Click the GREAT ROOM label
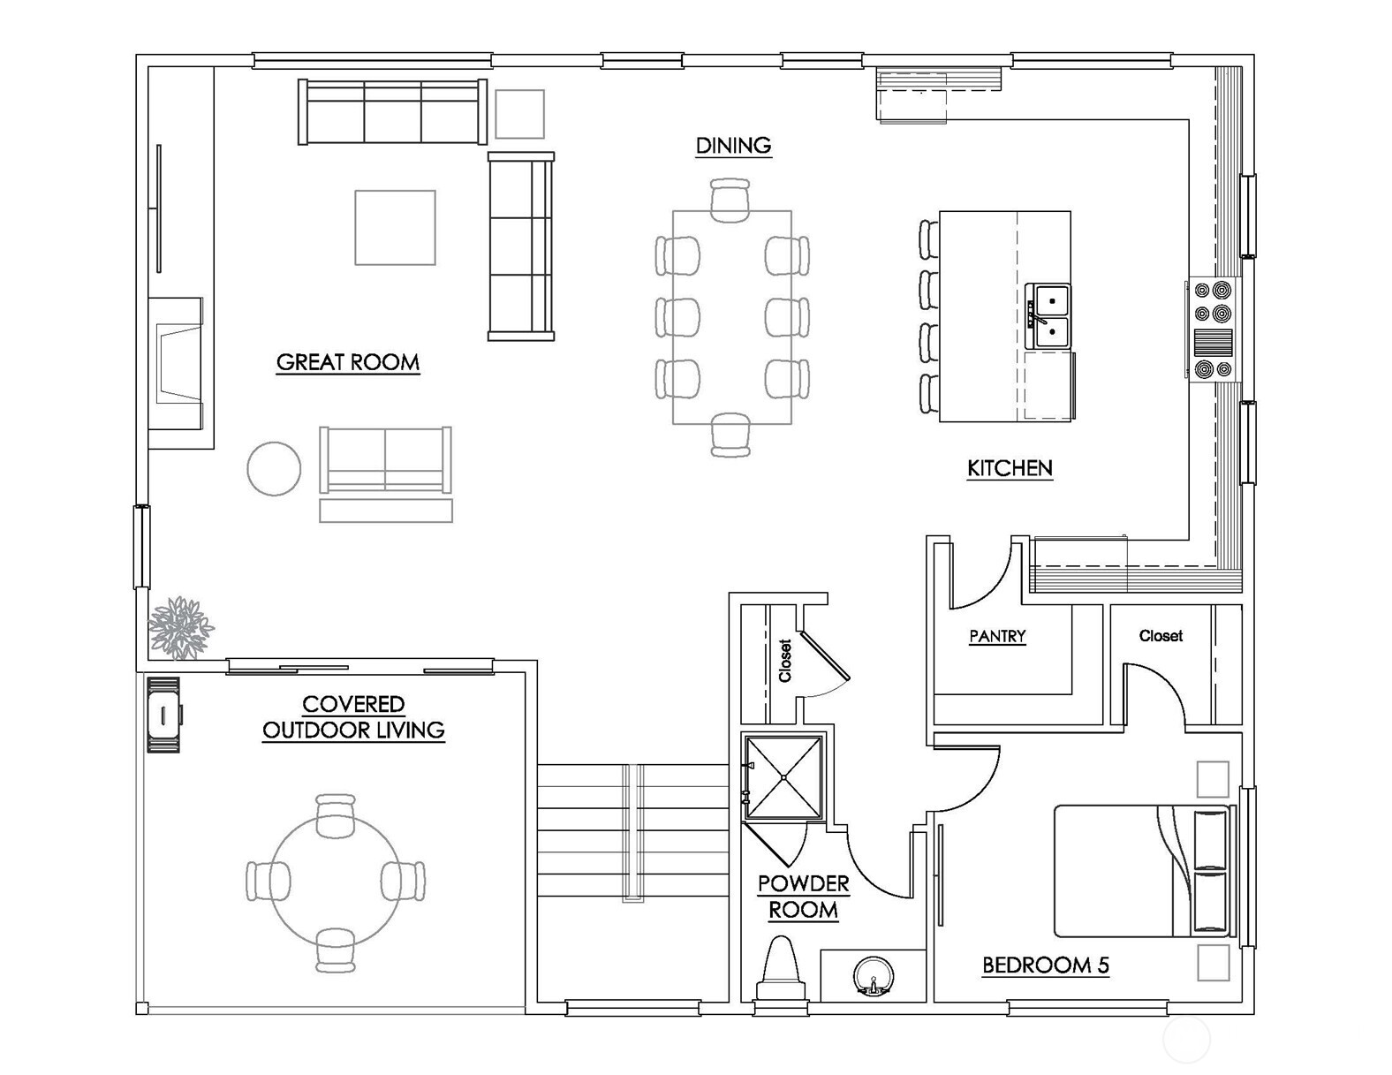[x=347, y=362]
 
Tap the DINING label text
[x=733, y=146]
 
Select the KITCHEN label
[x=1010, y=468]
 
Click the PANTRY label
[x=996, y=636]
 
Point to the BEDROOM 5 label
[x=1045, y=965]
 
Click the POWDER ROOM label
[x=803, y=897]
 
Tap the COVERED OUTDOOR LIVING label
[x=353, y=717]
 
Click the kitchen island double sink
[x=1048, y=317]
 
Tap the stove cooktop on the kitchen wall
[x=1212, y=329]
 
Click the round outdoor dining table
[x=335, y=881]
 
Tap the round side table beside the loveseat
[x=274, y=469]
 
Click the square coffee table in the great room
[x=395, y=228]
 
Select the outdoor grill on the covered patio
[x=163, y=714]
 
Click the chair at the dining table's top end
[x=730, y=200]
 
